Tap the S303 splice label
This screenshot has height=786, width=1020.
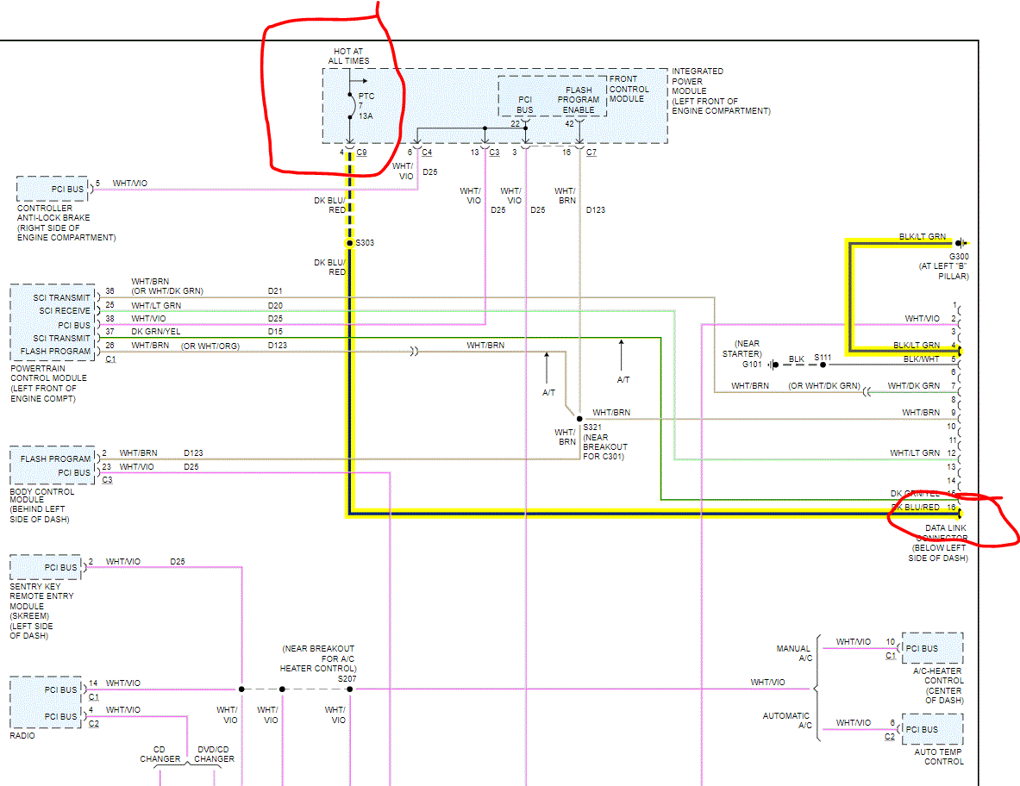click(365, 243)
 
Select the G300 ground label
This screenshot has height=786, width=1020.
click(959, 257)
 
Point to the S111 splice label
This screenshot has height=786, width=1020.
click(823, 358)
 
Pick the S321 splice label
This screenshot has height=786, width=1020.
click(592, 427)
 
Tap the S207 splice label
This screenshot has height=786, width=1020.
click(347, 678)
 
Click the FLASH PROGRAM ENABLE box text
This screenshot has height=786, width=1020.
click(579, 100)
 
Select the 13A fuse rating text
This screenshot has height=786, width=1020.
click(366, 115)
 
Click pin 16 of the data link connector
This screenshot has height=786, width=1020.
click(952, 507)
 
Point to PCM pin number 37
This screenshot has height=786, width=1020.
click(110, 331)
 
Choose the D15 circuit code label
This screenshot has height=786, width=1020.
click(275, 331)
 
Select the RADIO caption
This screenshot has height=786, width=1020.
click(23, 736)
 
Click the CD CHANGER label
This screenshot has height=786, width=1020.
click(160, 753)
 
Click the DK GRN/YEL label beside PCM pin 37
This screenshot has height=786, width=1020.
click(156, 331)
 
